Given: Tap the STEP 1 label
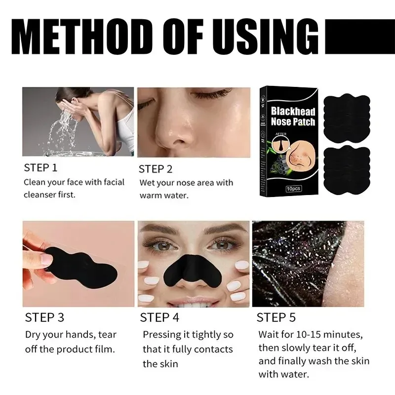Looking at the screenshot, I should click(x=40, y=167).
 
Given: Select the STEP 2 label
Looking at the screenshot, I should click(x=156, y=169).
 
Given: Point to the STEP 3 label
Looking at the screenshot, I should click(x=44, y=316).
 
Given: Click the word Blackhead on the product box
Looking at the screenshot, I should click(x=293, y=111).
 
